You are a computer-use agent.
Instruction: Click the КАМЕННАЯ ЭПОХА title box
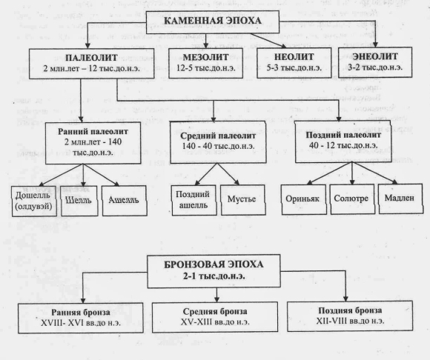pyautogui.click(x=213, y=22)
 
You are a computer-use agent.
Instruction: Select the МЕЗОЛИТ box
pyautogui.click(x=205, y=63)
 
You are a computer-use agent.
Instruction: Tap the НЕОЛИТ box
pyautogui.click(x=294, y=63)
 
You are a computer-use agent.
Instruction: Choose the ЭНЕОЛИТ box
pyautogui.click(x=375, y=62)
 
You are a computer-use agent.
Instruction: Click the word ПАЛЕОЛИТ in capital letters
pyautogui.click(x=91, y=58)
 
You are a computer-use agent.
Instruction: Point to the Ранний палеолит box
pyautogui.click(x=93, y=143)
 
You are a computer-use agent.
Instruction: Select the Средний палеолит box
pyautogui.click(x=218, y=142)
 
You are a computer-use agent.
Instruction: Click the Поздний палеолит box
pyautogui.click(x=343, y=141)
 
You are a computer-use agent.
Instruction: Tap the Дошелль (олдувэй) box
pyautogui.click(x=33, y=201)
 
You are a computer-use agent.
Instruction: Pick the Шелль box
pyautogui.click(x=79, y=201)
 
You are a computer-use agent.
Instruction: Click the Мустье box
pyautogui.click(x=242, y=200)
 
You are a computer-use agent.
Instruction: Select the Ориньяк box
pyautogui.click(x=304, y=199)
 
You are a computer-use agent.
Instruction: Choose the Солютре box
pyautogui.click(x=352, y=199)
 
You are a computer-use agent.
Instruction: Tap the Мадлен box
pyautogui.click(x=400, y=199)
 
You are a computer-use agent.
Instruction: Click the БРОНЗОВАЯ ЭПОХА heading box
pyautogui.click(x=214, y=271)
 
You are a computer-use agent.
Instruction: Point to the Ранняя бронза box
pyautogui.click(x=81, y=318)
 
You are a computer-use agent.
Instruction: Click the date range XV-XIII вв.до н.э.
pyautogui.click(x=215, y=322)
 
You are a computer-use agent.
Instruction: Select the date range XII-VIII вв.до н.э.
pyautogui.click(x=350, y=321)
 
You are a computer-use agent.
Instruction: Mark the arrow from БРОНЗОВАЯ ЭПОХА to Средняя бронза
pyautogui.click(x=216, y=295)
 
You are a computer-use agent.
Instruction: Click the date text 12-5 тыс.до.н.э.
pyautogui.click(x=205, y=68)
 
